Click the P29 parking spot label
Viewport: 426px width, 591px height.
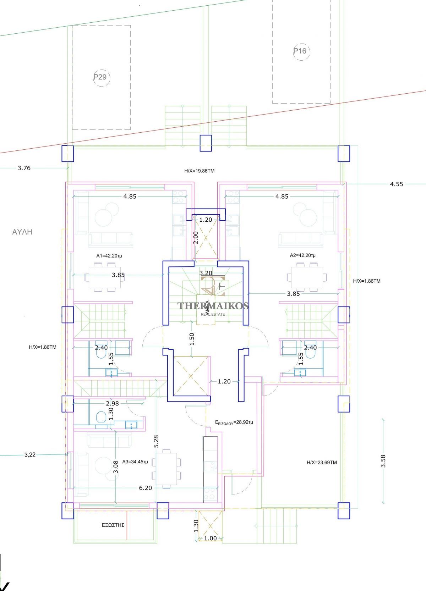point(100,77)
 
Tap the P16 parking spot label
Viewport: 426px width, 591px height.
point(300,51)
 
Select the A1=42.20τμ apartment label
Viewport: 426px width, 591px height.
point(109,256)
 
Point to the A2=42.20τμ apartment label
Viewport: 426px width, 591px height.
point(303,255)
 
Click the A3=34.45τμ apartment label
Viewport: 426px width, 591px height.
point(135,462)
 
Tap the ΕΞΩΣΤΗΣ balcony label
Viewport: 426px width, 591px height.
point(113,525)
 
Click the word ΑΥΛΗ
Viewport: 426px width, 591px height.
point(22,232)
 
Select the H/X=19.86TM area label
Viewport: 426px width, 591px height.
point(200,171)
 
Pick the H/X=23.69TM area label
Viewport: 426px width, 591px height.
point(322,462)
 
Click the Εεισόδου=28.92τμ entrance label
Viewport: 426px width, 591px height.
point(234,422)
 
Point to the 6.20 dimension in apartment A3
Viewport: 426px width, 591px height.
point(146,488)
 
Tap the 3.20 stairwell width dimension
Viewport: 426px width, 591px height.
point(206,273)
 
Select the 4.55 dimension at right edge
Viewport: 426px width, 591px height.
point(397,184)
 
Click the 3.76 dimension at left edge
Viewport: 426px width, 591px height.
point(24,168)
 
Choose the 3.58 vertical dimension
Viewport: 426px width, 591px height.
point(383,461)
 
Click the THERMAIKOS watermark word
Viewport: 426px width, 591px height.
point(213,306)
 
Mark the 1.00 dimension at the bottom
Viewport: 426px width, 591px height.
point(211,538)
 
